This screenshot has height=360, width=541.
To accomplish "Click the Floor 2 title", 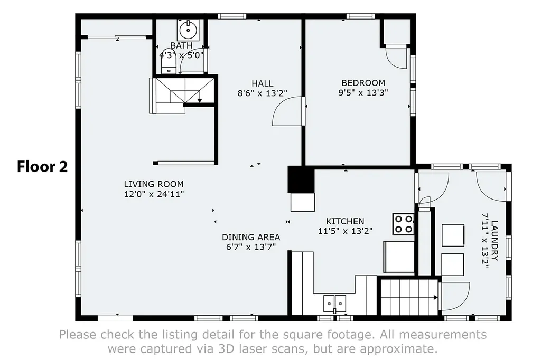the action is (42, 167).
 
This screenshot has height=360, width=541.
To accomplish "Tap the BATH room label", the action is (182, 45).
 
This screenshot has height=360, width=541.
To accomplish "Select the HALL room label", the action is (263, 83).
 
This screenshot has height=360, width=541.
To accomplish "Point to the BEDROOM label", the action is (363, 83).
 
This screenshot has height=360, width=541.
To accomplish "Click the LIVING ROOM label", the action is (154, 184).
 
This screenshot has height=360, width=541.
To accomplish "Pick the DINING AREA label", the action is (251, 237).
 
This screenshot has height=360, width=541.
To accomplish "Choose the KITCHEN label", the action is (346, 221).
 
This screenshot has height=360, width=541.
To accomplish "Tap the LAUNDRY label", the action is (495, 241).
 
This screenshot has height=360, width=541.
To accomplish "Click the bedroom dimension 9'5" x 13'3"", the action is (363, 93).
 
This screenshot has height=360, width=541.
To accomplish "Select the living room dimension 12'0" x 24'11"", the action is (154, 194).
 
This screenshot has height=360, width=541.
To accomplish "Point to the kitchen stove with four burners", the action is (403, 224).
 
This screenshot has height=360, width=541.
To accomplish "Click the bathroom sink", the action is (188, 30).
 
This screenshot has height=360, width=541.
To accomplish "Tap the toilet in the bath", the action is (169, 65).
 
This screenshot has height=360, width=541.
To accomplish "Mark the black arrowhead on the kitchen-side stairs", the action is (436, 297).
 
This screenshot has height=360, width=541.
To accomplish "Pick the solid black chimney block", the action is (301, 179).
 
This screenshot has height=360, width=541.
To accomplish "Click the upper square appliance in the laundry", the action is (453, 235).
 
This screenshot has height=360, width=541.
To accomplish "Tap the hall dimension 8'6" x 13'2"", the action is (263, 93).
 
